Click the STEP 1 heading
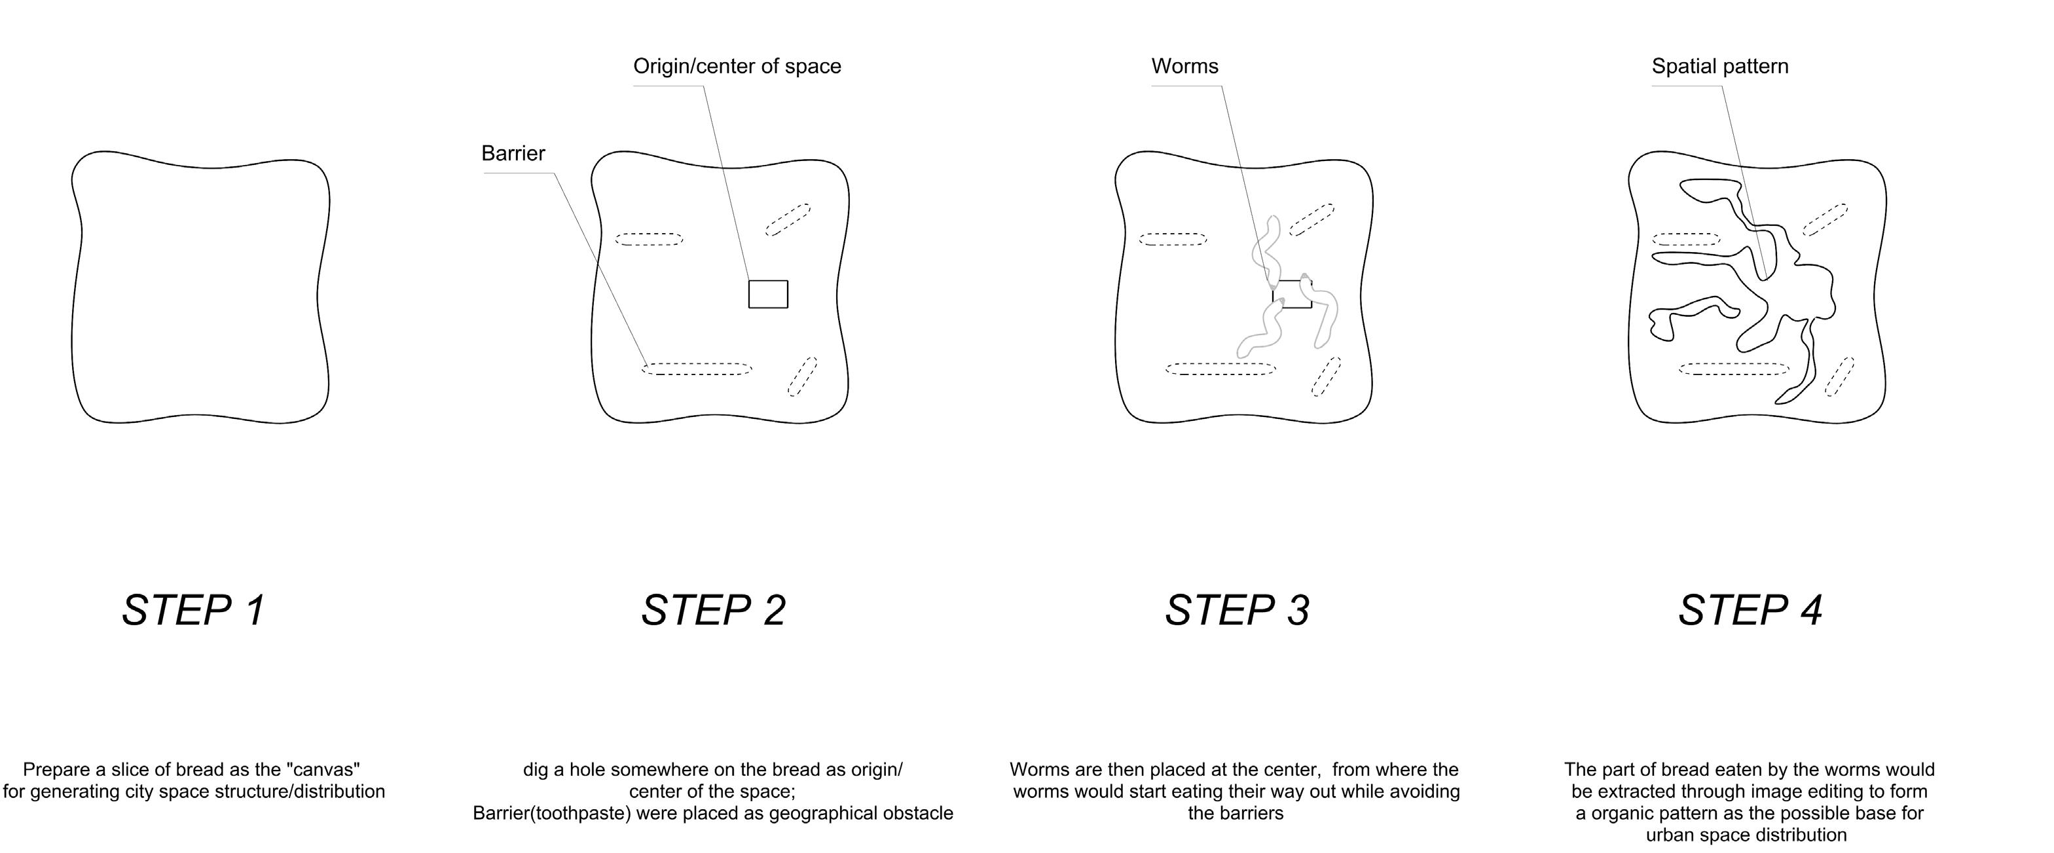coord(194,611)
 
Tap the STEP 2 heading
coord(714,611)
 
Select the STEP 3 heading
coord(1237,611)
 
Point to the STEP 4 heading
coord(1750,611)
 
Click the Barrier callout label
coord(513,153)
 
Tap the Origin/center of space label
coord(737,66)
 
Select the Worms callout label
coord(1185,66)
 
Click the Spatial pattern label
coord(1720,66)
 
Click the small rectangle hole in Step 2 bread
coord(768,294)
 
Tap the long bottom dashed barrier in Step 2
coord(697,369)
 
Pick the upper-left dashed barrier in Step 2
coord(649,239)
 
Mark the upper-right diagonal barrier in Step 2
coord(788,219)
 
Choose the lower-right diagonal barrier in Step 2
coord(802,376)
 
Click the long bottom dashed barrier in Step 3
coord(1220,369)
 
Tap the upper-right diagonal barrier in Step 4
coord(1825,219)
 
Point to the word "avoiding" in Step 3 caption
coord(1424,792)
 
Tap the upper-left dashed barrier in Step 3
coord(1172,239)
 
